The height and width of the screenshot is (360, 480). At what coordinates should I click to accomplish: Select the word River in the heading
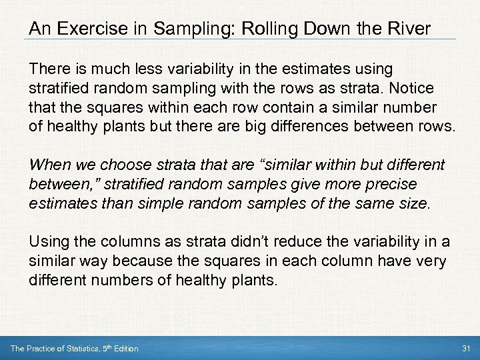pyautogui.click(x=411, y=29)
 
